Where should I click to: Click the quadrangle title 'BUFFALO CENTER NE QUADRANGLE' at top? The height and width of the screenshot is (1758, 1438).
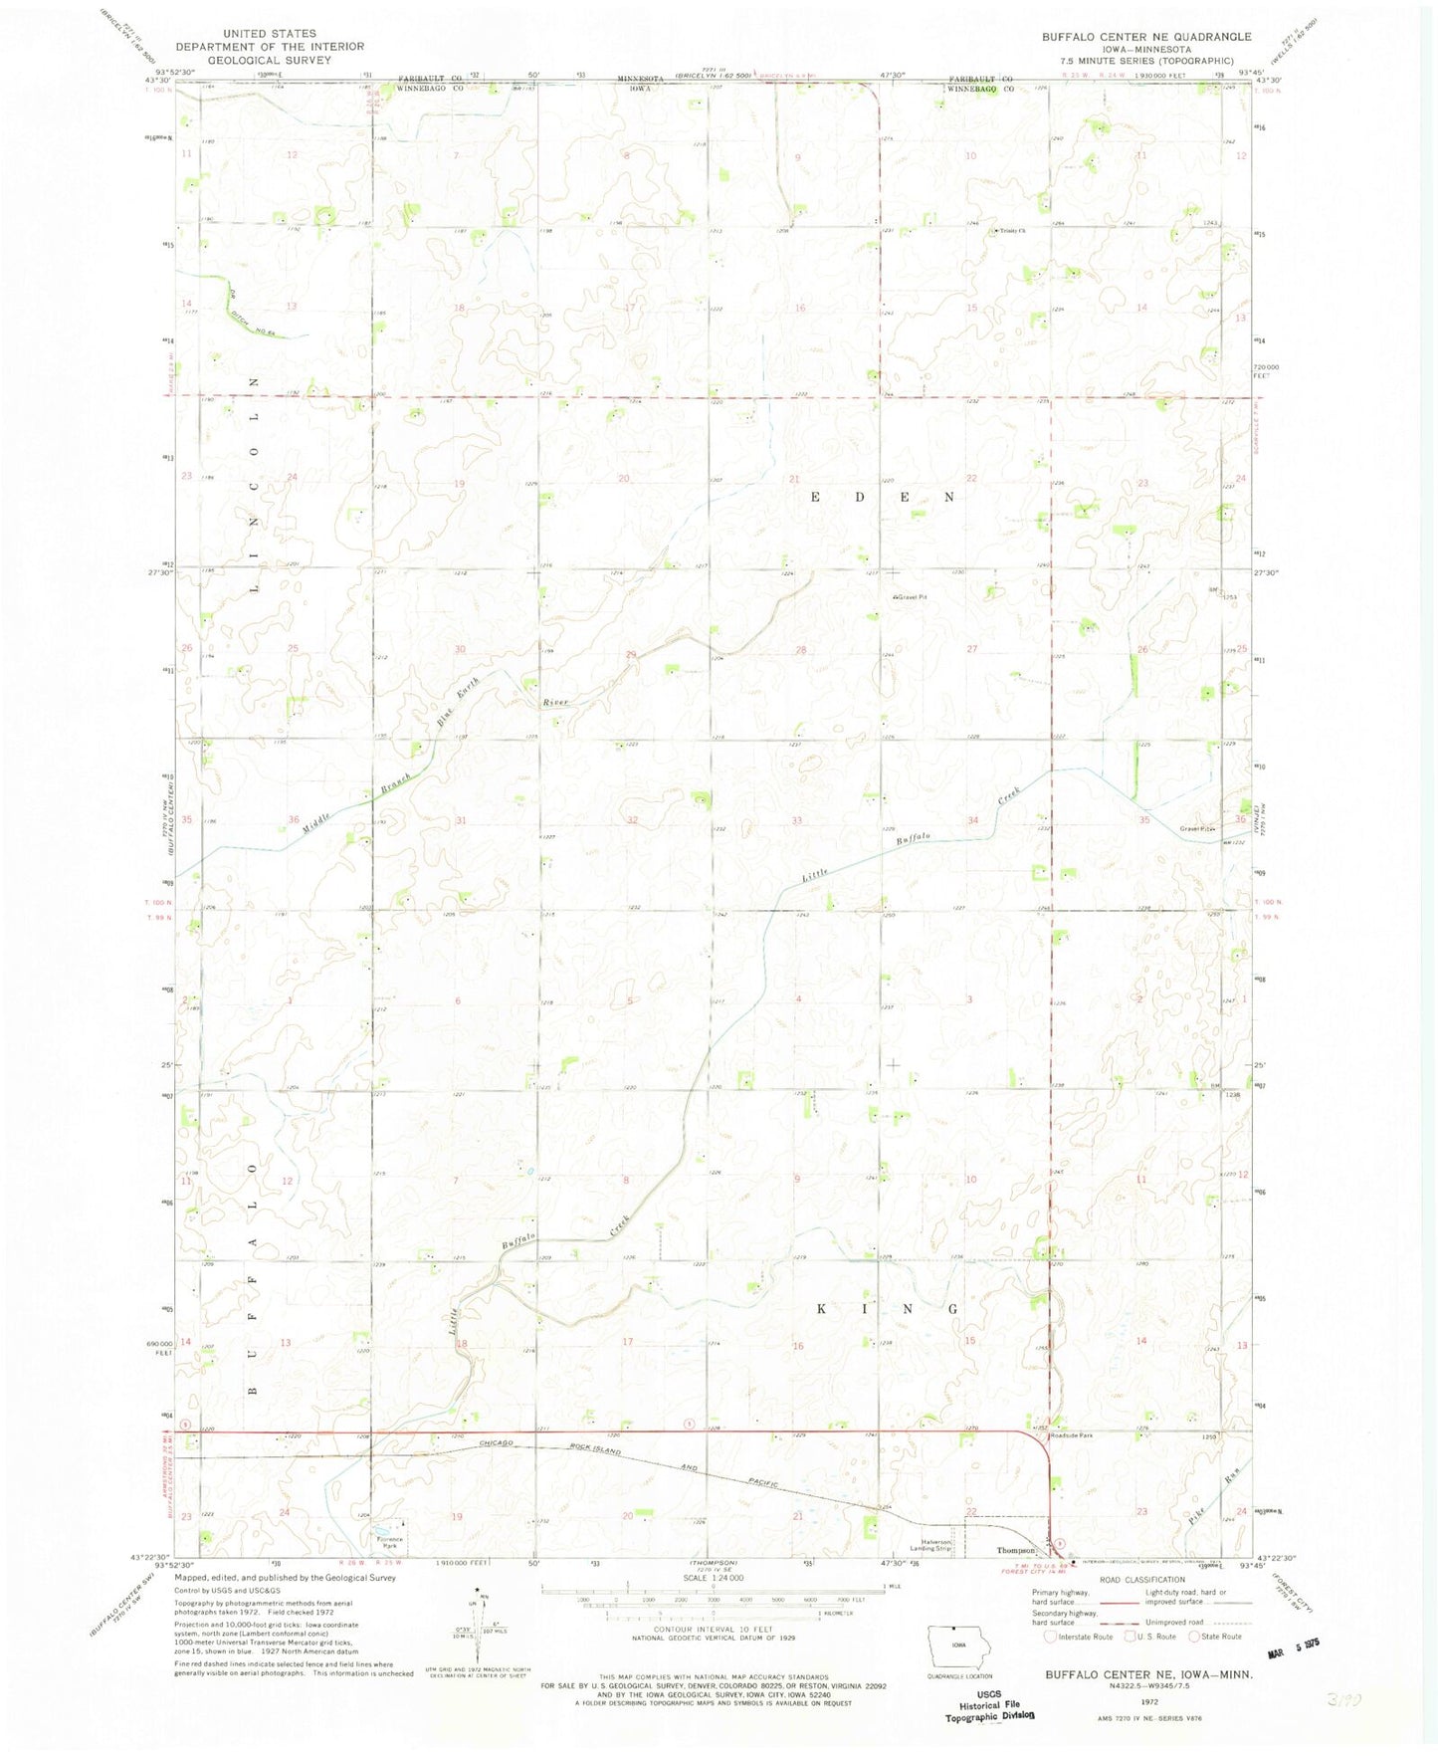pos(1146,37)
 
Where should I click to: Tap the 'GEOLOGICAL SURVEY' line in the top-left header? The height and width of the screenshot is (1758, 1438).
pos(270,59)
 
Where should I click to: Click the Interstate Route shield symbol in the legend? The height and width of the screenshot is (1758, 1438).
pos(1050,1636)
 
